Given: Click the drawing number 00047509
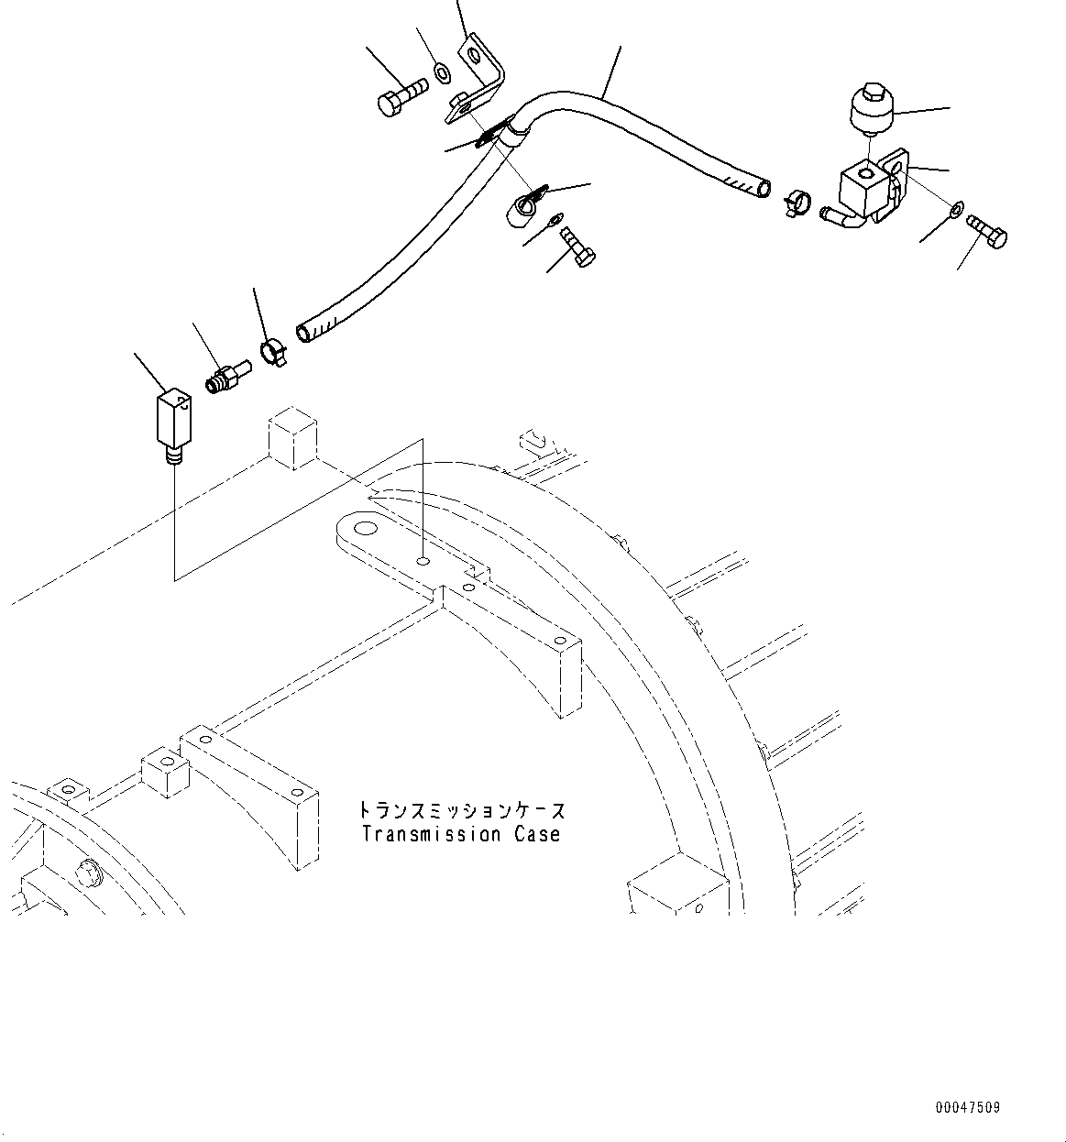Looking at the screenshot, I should [968, 1107].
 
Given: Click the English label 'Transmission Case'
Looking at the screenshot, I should [460, 834].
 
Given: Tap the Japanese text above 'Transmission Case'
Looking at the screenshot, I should [461, 811].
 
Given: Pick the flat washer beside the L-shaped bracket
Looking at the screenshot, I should [441, 71].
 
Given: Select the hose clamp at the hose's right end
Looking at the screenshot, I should [797, 200].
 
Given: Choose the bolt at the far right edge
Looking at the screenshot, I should [986, 229].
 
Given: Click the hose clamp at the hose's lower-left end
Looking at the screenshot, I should [273, 351].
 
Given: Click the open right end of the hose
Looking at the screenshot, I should [762, 189].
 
